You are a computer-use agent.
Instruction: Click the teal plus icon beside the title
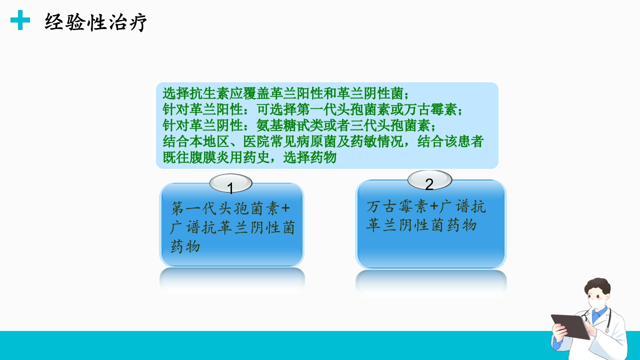pos(20,20)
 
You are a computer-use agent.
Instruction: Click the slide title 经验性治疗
pos(95,22)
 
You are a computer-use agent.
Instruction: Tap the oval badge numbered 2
pos(429,180)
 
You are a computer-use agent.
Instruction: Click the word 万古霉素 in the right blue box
pos(397,206)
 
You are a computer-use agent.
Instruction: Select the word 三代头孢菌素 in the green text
pos(390,125)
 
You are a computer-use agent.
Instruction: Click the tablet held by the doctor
pos(570,326)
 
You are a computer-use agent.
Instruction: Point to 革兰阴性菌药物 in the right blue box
pos(421,225)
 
